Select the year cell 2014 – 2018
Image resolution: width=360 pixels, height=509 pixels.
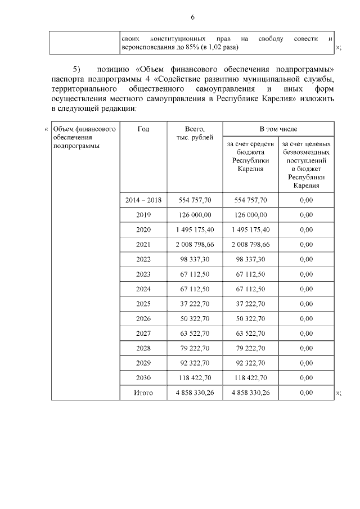click(x=143, y=200)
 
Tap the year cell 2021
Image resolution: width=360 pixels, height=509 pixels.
click(x=143, y=245)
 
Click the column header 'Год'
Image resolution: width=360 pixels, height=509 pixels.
click(x=143, y=129)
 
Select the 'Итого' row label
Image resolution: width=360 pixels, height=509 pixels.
click(x=143, y=393)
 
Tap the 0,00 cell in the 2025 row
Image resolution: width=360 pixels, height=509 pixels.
click(x=306, y=304)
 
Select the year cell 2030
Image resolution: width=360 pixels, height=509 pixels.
click(x=143, y=378)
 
